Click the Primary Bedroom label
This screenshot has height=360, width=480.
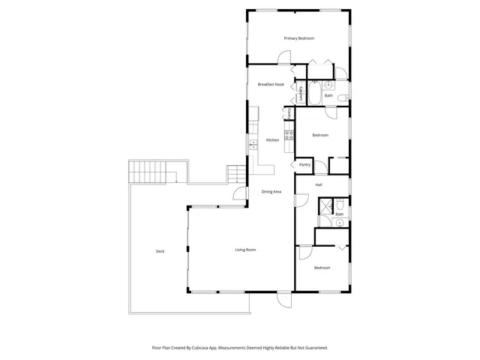pyautogui.click(x=298, y=38)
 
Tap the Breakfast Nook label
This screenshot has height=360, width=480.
pyautogui.click(x=271, y=85)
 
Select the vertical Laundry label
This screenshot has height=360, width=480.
pyautogui.click(x=301, y=93)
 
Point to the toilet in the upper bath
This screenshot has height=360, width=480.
pyautogui.click(x=341, y=97)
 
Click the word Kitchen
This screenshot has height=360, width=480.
pyautogui.click(x=272, y=139)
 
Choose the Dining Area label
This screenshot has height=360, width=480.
pyautogui.click(x=271, y=192)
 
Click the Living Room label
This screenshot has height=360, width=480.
pyautogui.click(x=246, y=250)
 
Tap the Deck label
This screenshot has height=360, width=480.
pyautogui.click(x=160, y=251)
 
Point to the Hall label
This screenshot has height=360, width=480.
pyautogui.click(x=319, y=184)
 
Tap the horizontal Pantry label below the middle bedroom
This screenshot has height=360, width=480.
pyautogui.click(x=304, y=165)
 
